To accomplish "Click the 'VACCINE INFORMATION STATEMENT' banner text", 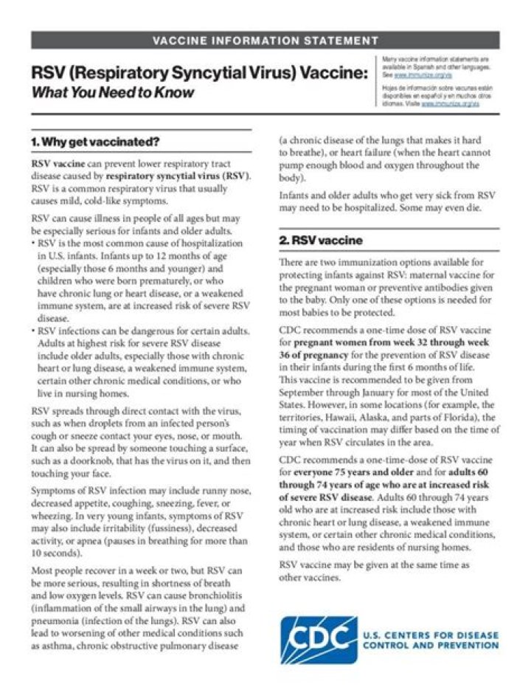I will tap(265, 40).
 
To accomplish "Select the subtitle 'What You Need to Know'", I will tap(113, 93).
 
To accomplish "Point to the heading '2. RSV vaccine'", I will tap(320, 241).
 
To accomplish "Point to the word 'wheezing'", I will tap(54, 516).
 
